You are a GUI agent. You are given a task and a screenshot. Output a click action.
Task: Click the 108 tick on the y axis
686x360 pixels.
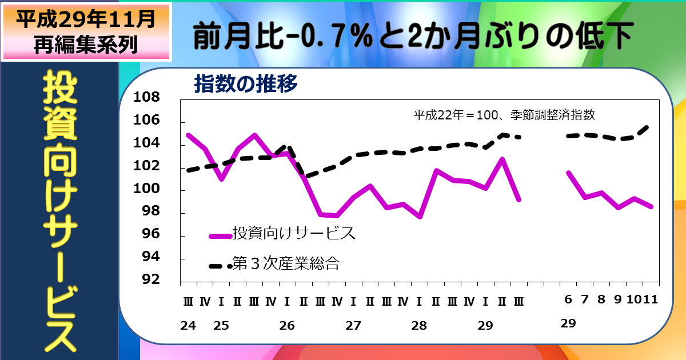(147, 97)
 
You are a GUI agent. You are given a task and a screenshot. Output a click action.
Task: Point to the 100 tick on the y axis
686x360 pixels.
(147, 189)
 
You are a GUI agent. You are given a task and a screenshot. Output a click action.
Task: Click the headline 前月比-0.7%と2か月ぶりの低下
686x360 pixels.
(412, 37)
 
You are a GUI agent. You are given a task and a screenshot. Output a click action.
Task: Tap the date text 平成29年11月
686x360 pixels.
(86, 20)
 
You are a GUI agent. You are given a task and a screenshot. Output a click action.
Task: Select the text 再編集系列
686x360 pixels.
(86, 45)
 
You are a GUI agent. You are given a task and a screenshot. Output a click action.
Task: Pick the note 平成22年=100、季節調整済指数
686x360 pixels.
(504, 114)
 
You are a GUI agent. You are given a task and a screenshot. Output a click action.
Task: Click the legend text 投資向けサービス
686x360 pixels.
(293, 233)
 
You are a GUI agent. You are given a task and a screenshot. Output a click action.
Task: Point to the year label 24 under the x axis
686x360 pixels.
(188, 326)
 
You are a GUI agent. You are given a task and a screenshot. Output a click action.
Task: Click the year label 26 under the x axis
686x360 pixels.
(287, 326)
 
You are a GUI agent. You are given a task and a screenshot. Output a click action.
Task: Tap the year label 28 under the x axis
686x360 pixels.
(419, 326)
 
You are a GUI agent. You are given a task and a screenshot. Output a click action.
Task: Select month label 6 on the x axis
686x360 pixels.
(568, 300)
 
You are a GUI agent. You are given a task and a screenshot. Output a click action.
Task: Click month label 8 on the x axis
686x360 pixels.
(601, 300)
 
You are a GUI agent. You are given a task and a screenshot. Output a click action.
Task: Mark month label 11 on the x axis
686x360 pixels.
(651, 300)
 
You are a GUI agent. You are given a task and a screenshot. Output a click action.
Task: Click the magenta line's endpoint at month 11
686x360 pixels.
(651, 207)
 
